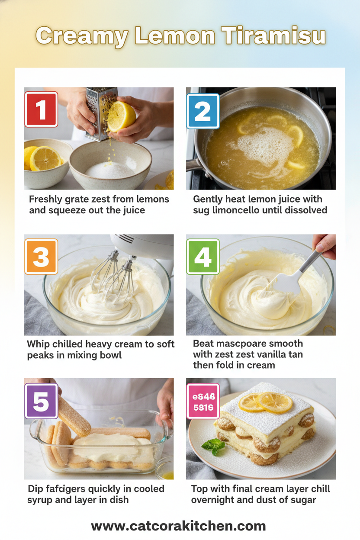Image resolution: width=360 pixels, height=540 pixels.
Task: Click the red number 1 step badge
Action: coord(41,109)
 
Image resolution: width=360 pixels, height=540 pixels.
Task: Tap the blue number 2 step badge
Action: coord(203,111)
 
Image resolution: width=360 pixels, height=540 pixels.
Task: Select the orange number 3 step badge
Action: coord(41,257)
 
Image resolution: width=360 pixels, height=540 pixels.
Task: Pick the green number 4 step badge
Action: coord(203,257)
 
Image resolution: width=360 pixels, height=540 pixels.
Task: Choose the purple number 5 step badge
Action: coord(41,401)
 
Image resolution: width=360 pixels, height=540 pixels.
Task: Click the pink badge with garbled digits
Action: coord(203,401)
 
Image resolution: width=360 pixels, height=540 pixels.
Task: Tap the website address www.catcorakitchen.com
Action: coord(178,526)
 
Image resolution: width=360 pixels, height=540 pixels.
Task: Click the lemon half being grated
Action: coord(121,116)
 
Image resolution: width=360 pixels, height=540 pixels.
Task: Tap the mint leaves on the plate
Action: coord(214,446)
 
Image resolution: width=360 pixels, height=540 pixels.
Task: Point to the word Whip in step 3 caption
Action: coord(39,344)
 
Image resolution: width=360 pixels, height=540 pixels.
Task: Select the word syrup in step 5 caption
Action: coord(40,500)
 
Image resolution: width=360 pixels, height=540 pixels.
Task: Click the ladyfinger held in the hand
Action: coord(74,415)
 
